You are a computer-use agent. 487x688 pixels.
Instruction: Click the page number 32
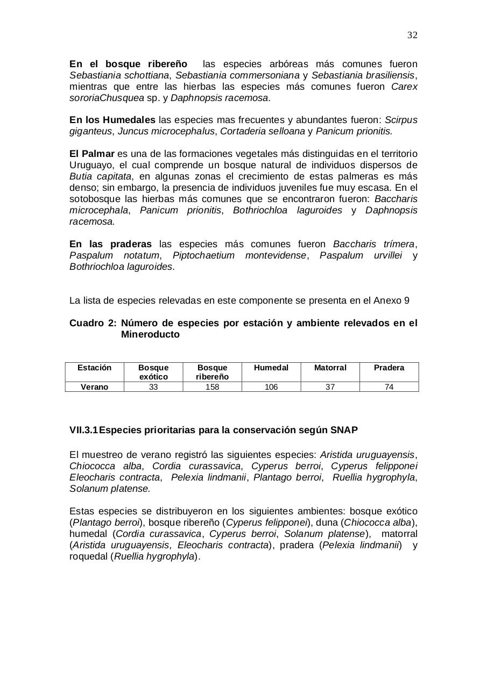412,35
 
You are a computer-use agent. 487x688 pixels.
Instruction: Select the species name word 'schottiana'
147,75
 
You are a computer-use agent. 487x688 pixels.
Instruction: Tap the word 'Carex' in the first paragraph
404,87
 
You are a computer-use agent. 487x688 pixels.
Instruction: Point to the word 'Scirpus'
401,120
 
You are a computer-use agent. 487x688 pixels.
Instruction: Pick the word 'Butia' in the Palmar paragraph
81,176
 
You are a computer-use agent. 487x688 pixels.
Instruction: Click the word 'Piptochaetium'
203,255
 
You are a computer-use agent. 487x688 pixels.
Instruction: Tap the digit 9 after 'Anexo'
407,300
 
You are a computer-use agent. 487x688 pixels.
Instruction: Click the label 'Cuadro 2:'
93,323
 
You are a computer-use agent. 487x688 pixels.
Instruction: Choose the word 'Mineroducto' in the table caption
150,334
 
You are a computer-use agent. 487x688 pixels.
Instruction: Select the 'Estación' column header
94,368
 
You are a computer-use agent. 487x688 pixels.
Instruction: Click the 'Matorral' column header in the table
330,368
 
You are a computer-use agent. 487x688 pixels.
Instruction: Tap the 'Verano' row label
94,387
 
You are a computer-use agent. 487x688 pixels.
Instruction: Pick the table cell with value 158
212,387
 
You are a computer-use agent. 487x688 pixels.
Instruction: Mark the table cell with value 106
271,387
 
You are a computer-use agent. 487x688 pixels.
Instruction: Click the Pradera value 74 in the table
389,387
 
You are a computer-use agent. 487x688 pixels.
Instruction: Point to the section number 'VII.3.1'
83,430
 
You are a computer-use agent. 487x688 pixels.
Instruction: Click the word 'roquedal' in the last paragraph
89,556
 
